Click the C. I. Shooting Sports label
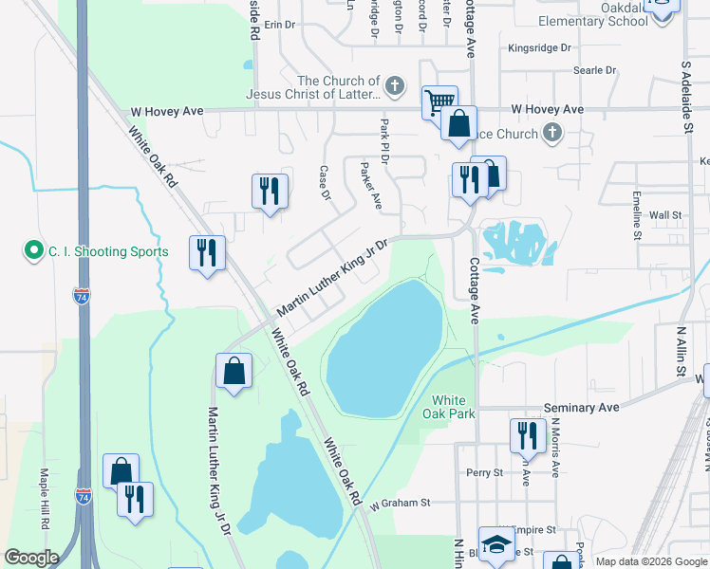109,251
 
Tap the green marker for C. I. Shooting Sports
34,251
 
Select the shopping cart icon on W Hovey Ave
439,101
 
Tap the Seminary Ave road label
582,407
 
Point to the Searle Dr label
595,70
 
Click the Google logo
31,558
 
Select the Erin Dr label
280,25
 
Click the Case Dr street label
324,183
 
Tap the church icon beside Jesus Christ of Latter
398,87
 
